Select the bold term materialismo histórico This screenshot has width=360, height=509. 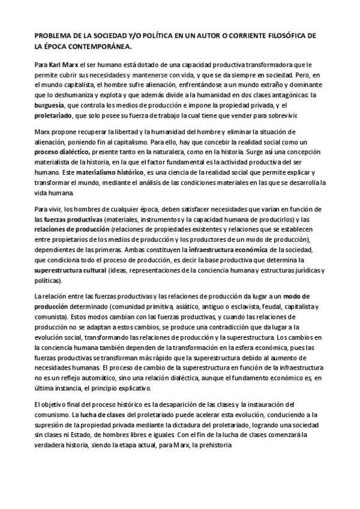pos(95,172)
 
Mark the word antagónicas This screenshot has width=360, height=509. pos(290,94)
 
